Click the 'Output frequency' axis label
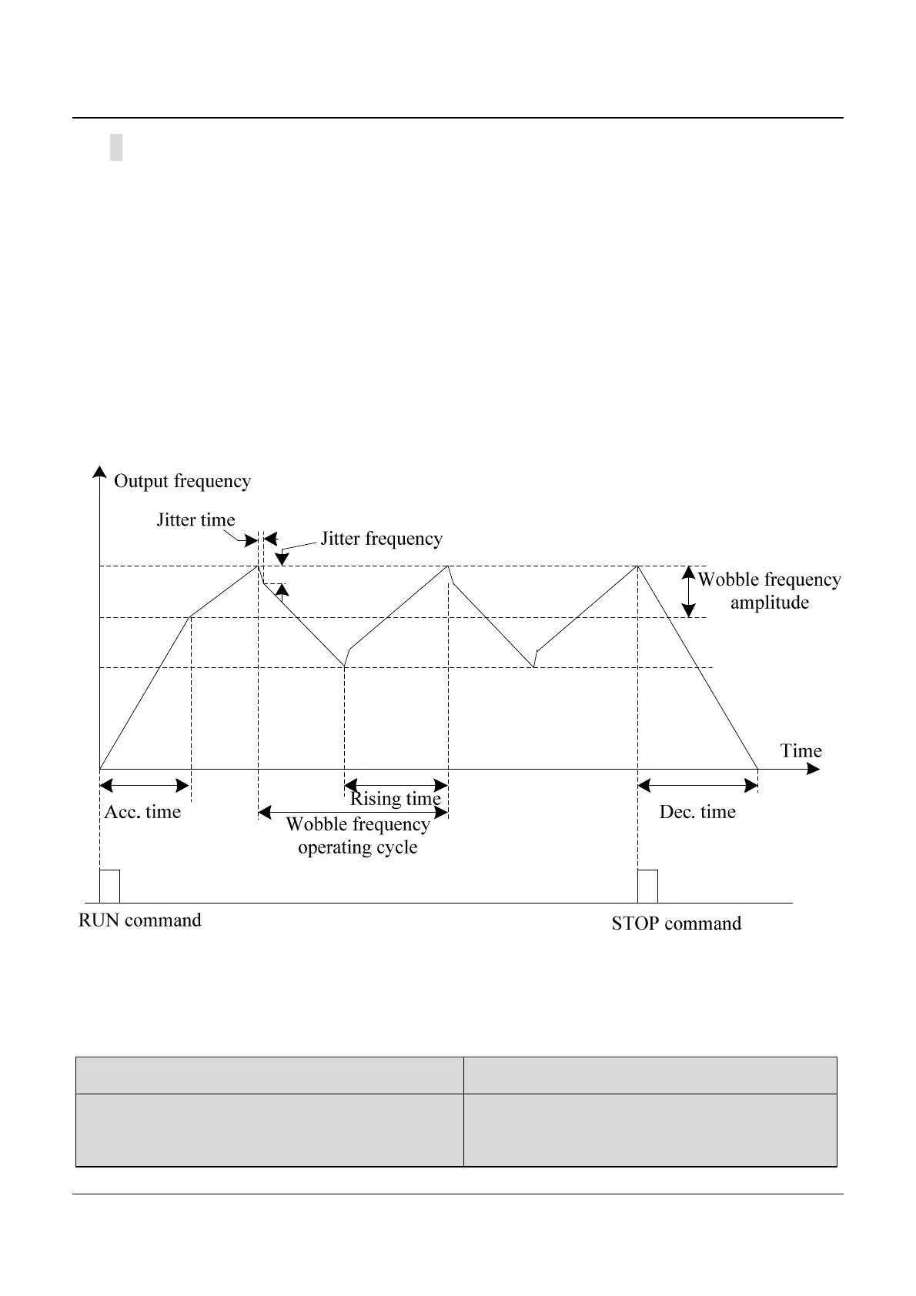[x=182, y=482]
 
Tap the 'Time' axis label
[x=801, y=751]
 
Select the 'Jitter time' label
[x=196, y=520]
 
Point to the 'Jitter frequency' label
[x=381, y=539]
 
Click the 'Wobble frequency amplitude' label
[x=769, y=591]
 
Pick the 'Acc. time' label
[x=142, y=813]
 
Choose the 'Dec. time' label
[x=697, y=813]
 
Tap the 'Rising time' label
[x=396, y=800]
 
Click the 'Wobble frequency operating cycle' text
[x=358, y=836]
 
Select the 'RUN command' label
[x=140, y=921]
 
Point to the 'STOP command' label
[x=677, y=924]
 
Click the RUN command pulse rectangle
[x=109, y=887]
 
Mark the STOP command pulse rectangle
[x=647, y=887]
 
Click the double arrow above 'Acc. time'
[x=145, y=786]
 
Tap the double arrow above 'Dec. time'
[x=698, y=786]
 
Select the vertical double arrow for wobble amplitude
[x=689, y=591]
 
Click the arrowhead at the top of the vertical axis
[x=99, y=471]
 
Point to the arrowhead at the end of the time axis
[x=814, y=769]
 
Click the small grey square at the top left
[x=116, y=147]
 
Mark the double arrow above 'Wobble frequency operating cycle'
[x=353, y=812]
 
